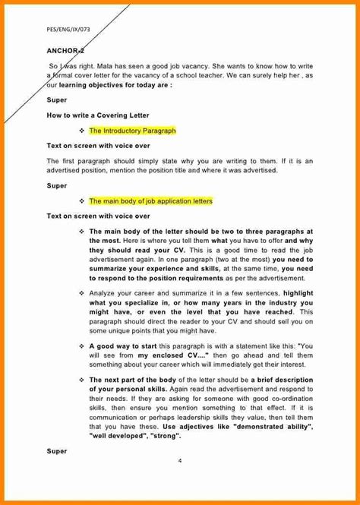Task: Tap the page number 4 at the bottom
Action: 180,462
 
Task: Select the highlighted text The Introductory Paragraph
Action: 132,131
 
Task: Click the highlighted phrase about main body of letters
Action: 150,201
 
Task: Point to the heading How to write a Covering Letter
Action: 98,115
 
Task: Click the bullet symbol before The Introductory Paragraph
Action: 82,131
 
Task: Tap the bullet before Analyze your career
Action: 82,292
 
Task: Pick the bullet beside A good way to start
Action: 82,344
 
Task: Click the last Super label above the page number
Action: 57,452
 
